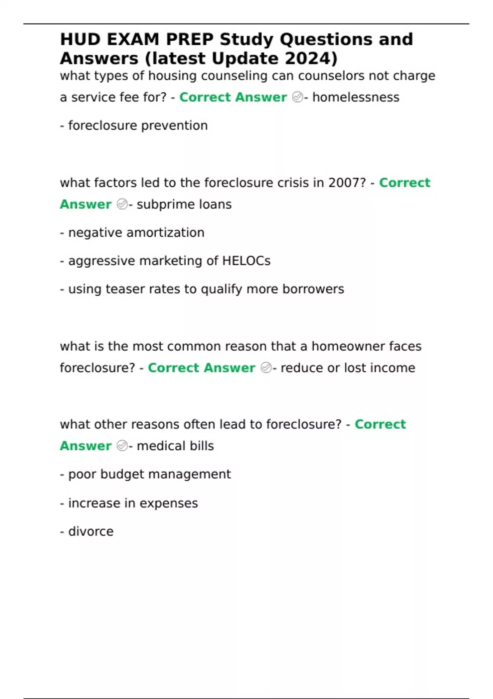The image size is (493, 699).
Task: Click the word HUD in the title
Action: click(x=80, y=40)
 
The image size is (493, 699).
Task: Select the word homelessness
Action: click(x=356, y=97)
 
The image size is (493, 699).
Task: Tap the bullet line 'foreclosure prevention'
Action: click(x=138, y=125)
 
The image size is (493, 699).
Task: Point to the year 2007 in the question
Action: click(x=347, y=183)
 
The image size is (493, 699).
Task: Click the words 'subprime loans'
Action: click(x=184, y=204)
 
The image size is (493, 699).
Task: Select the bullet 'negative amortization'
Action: click(x=136, y=233)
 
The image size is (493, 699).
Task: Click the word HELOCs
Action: click(x=246, y=261)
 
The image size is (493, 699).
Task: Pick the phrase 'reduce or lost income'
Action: click(x=348, y=368)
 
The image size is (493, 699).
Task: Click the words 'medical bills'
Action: click(x=175, y=446)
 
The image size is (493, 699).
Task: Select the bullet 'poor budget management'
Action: click(x=150, y=474)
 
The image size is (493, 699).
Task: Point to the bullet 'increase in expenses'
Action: click(x=133, y=503)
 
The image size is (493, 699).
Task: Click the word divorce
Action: click(x=91, y=531)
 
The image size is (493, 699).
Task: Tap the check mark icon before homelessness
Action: click(x=297, y=97)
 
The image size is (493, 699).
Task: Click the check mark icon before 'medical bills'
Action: click(x=122, y=446)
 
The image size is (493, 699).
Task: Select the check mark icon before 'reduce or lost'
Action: click(x=266, y=368)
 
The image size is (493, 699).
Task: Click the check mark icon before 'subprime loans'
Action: click(x=122, y=204)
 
